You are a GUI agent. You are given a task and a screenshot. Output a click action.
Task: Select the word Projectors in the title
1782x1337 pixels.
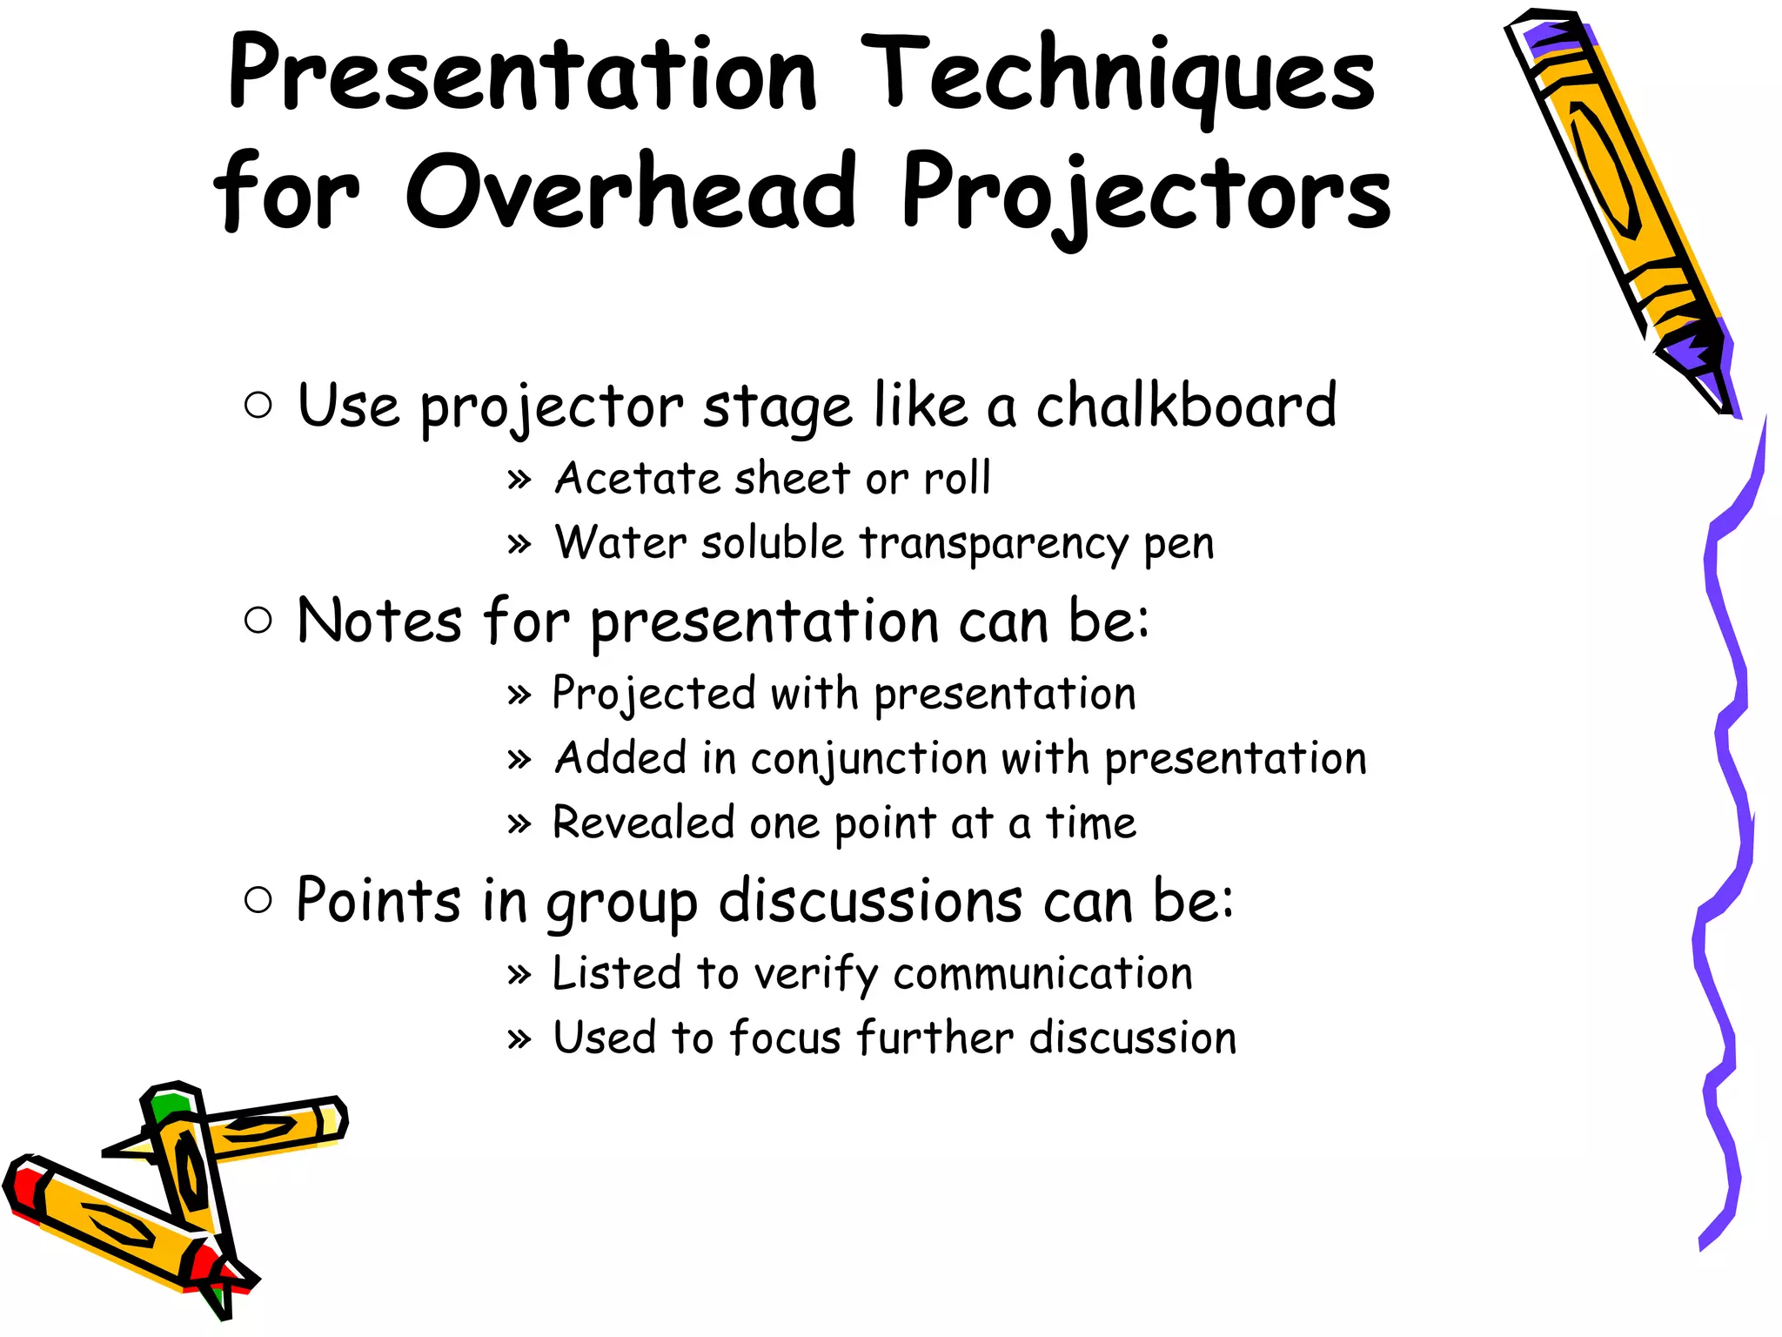(x=1144, y=195)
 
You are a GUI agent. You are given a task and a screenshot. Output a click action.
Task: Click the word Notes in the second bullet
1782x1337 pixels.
(x=379, y=621)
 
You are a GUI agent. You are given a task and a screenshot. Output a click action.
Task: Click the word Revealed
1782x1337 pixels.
(x=643, y=823)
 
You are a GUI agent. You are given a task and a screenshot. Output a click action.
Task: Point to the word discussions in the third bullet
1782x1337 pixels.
(x=870, y=902)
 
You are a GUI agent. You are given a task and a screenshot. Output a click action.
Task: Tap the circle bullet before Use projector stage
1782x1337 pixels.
(x=258, y=405)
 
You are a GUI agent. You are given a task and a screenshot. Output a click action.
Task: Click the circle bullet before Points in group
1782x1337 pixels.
(x=258, y=900)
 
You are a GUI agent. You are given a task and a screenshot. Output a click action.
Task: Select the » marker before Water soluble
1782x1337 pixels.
(x=519, y=545)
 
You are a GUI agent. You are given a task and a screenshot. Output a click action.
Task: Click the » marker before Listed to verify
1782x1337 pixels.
(x=519, y=975)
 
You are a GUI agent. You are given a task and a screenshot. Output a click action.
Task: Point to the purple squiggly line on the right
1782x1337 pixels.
(x=1727, y=827)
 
